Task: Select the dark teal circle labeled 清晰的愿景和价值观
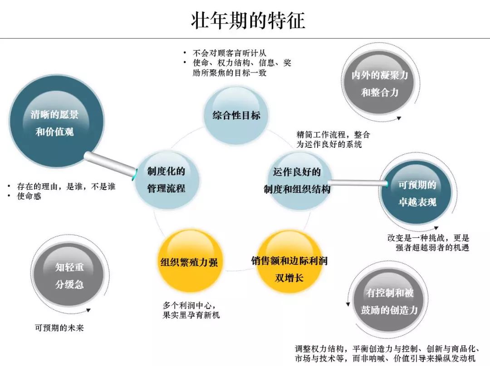pos(55,123)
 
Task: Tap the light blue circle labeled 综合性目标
pos(236,115)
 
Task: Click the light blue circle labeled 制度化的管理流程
pos(167,180)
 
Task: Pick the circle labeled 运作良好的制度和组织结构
pos(297,181)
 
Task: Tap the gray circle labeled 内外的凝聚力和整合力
pos(379,83)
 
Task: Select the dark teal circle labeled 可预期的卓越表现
pos(417,193)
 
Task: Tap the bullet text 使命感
pos(29,196)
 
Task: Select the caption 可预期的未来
pos(59,328)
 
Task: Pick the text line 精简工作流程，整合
pos(333,135)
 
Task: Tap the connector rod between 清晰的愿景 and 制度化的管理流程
pos(111,164)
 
